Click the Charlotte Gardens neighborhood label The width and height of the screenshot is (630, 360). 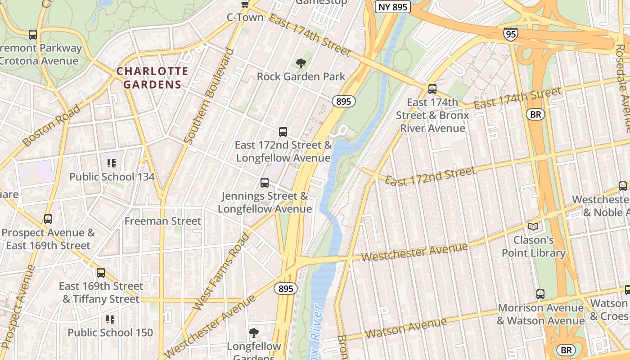point(152,77)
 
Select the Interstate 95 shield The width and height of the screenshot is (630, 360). point(511,34)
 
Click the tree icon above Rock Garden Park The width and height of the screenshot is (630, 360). point(301,63)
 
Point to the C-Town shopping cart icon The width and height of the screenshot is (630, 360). point(245,4)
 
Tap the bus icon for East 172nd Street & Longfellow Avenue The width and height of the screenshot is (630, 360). point(283,132)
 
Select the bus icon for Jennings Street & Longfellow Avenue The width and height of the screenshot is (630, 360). point(265,183)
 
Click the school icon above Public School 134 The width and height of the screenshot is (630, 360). point(111,163)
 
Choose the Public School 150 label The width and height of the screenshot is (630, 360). point(110,333)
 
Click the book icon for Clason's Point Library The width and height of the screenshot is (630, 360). point(533,227)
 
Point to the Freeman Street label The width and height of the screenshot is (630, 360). point(162,221)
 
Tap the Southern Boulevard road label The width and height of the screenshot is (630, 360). point(210,96)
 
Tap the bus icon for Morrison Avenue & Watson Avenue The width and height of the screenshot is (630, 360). point(540,294)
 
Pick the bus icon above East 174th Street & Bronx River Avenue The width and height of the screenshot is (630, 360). point(432,89)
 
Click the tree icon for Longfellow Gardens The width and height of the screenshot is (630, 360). point(254,333)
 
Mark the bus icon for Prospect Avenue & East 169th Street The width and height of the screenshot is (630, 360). point(48,220)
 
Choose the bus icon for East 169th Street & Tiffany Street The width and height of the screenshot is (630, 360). point(101,273)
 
